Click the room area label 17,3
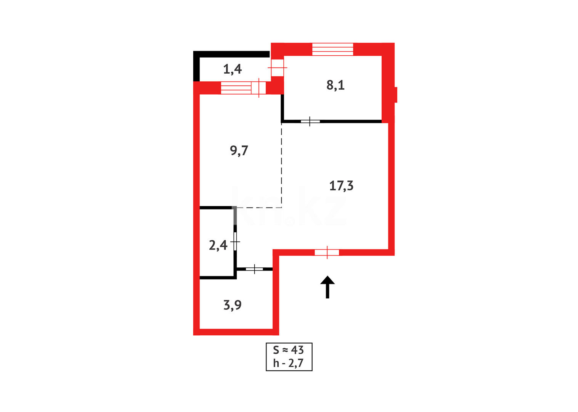[x=341, y=186]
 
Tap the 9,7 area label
[x=239, y=151]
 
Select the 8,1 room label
[x=336, y=85]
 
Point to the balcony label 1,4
[x=232, y=69]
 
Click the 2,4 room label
[x=218, y=245]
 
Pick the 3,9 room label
[x=232, y=305]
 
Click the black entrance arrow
[x=328, y=287]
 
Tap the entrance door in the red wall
[x=327, y=252]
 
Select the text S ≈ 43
[x=289, y=350]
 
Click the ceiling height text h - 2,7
[x=289, y=363]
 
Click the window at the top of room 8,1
[x=332, y=50]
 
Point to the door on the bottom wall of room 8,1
[x=310, y=121]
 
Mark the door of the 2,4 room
[x=235, y=241]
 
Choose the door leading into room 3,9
[x=254, y=269]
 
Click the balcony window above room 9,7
[x=236, y=88]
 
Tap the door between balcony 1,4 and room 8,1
[x=277, y=68]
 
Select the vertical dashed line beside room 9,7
[x=282, y=164]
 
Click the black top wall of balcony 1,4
[x=233, y=54]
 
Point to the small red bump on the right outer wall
[x=396, y=95]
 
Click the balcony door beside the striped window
[x=259, y=88]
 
